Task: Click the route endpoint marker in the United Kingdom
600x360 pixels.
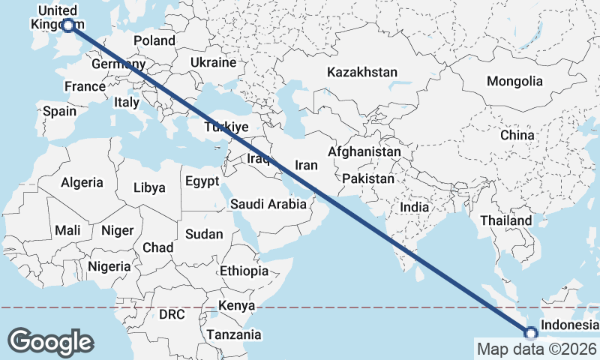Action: [68, 25]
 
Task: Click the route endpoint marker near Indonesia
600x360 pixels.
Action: [531, 334]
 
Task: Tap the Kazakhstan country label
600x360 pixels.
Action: [361, 73]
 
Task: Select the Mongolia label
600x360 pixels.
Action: [514, 81]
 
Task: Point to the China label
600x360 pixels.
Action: [517, 135]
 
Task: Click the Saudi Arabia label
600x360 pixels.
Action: [268, 204]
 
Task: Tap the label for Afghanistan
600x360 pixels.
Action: [364, 151]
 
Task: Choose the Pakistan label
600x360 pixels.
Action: [367, 179]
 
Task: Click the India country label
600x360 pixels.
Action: [414, 207]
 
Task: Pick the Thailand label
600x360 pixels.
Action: [506, 221]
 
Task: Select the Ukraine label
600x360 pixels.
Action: [213, 62]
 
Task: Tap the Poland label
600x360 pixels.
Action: [154, 40]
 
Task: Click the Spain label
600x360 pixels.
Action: [59, 111]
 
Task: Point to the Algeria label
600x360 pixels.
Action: [82, 182]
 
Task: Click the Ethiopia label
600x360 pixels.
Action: [244, 271]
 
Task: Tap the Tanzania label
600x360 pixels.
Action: [234, 334]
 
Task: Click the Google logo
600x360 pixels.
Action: [51, 342]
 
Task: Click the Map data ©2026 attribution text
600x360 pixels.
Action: [536, 349]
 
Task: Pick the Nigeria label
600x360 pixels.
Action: [109, 266]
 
